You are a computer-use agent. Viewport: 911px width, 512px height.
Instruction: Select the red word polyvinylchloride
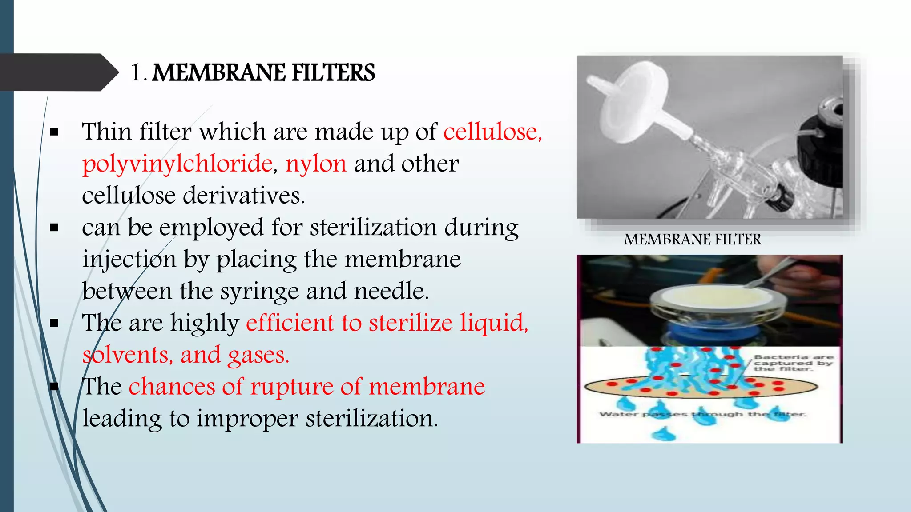click(x=177, y=164)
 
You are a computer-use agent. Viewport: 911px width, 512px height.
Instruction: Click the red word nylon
click(x=316, y=164)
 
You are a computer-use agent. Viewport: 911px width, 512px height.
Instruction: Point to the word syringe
click(x=259, y=292)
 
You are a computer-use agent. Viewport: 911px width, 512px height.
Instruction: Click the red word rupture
click(x=291, y=386)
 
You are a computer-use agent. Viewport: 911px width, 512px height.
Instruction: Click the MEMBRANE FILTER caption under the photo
click(x=692, y=240)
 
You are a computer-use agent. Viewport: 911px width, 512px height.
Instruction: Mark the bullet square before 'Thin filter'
click(x=54, y=132)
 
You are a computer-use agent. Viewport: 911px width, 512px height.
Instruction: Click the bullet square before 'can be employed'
click(x=54, y=228)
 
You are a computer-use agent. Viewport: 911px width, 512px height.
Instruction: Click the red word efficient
click(x=290, y=323)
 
